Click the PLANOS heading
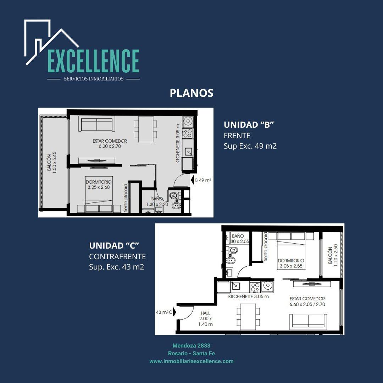coord(191,93)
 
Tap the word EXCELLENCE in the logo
coord(93,61)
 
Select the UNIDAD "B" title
coord(249,124)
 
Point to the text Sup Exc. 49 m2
coord(250,146)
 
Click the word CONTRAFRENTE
coord(117,256)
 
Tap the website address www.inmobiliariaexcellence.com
coord(191,361)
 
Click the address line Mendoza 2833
coord(191,345)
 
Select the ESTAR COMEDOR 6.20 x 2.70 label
coord(110,144)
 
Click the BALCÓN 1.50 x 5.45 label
coord(52,163)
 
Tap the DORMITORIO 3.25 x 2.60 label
coord(99,185)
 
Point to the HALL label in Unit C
coord(205,313)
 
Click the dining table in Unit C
coord(248,317)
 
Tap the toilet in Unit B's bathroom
coord(174,196)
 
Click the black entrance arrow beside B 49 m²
coord(192,180)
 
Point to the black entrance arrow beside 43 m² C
coord(174,312)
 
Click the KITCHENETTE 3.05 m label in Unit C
coord(248,296)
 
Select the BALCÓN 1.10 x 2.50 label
coord(332,255)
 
